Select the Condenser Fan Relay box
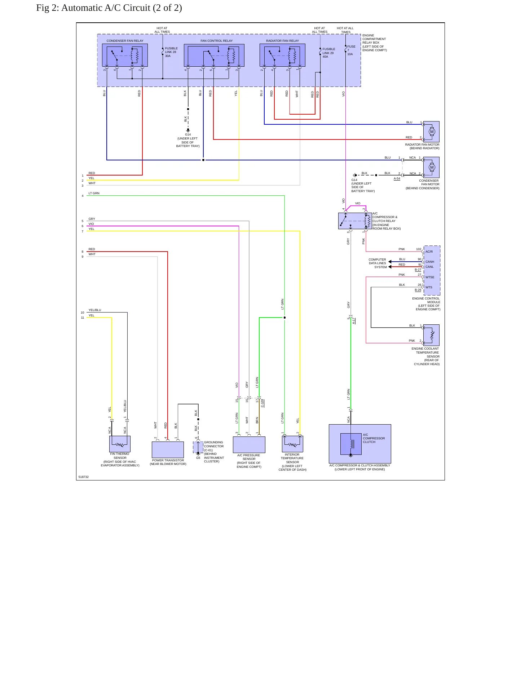click(x=125, y=55)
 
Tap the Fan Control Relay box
click(x=214, y=55)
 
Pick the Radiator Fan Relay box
click(x=282, y=55)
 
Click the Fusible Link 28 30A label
click(x=171, y=52)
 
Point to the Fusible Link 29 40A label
click(x=328, y=53)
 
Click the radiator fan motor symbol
click(x=431, y=132)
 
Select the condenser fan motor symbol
click(x=431, y=167)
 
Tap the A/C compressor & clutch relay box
click(x=355, y=221)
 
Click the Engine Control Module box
click(x=432, y=270)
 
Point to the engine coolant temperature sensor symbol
click(x=431, y=335)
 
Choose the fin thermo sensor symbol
click(x=120, y=444)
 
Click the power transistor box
click(x=168, y=450)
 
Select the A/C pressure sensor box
click(x=249, y=445)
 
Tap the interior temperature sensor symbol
click(x=292, y=444)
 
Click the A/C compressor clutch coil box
click(x=351, y=444)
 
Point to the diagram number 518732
click(x=83, y=477)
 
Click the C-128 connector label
click(x=262, y=403)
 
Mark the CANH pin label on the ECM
click(x=430, y=262)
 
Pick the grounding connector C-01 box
click(x=198, y=447)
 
